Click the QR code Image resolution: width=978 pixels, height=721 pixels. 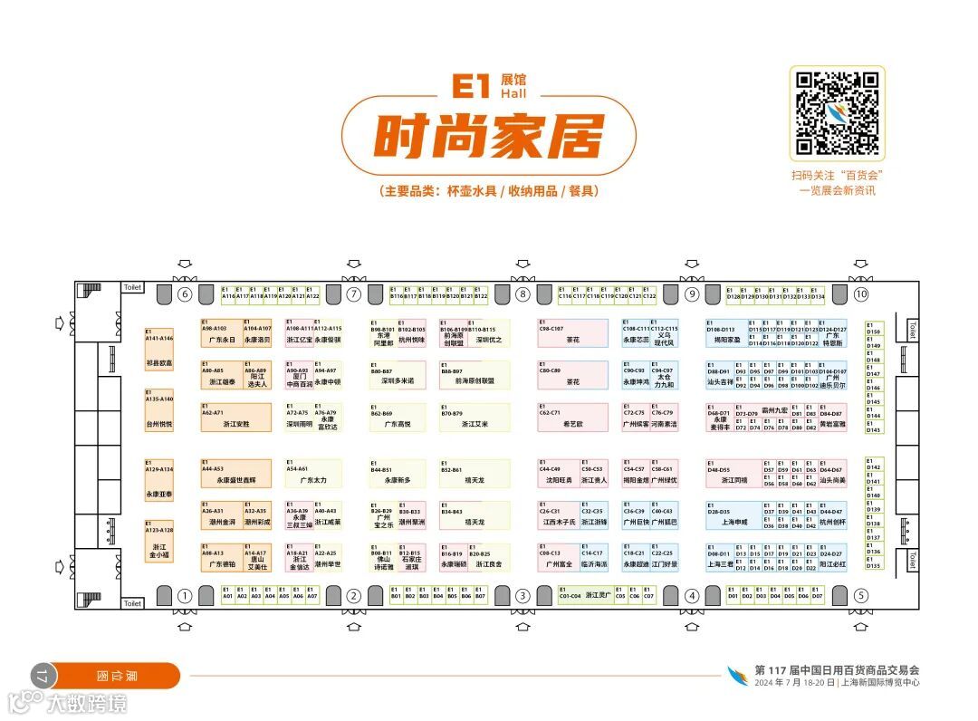[837, 112]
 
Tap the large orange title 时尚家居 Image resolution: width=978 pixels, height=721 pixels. [489, 139]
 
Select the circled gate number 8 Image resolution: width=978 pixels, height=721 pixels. [523, 294]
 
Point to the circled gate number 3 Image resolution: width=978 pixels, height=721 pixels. [523, 596]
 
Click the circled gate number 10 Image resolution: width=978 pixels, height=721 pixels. [860, 294]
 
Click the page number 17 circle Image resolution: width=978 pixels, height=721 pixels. [42, 676]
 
